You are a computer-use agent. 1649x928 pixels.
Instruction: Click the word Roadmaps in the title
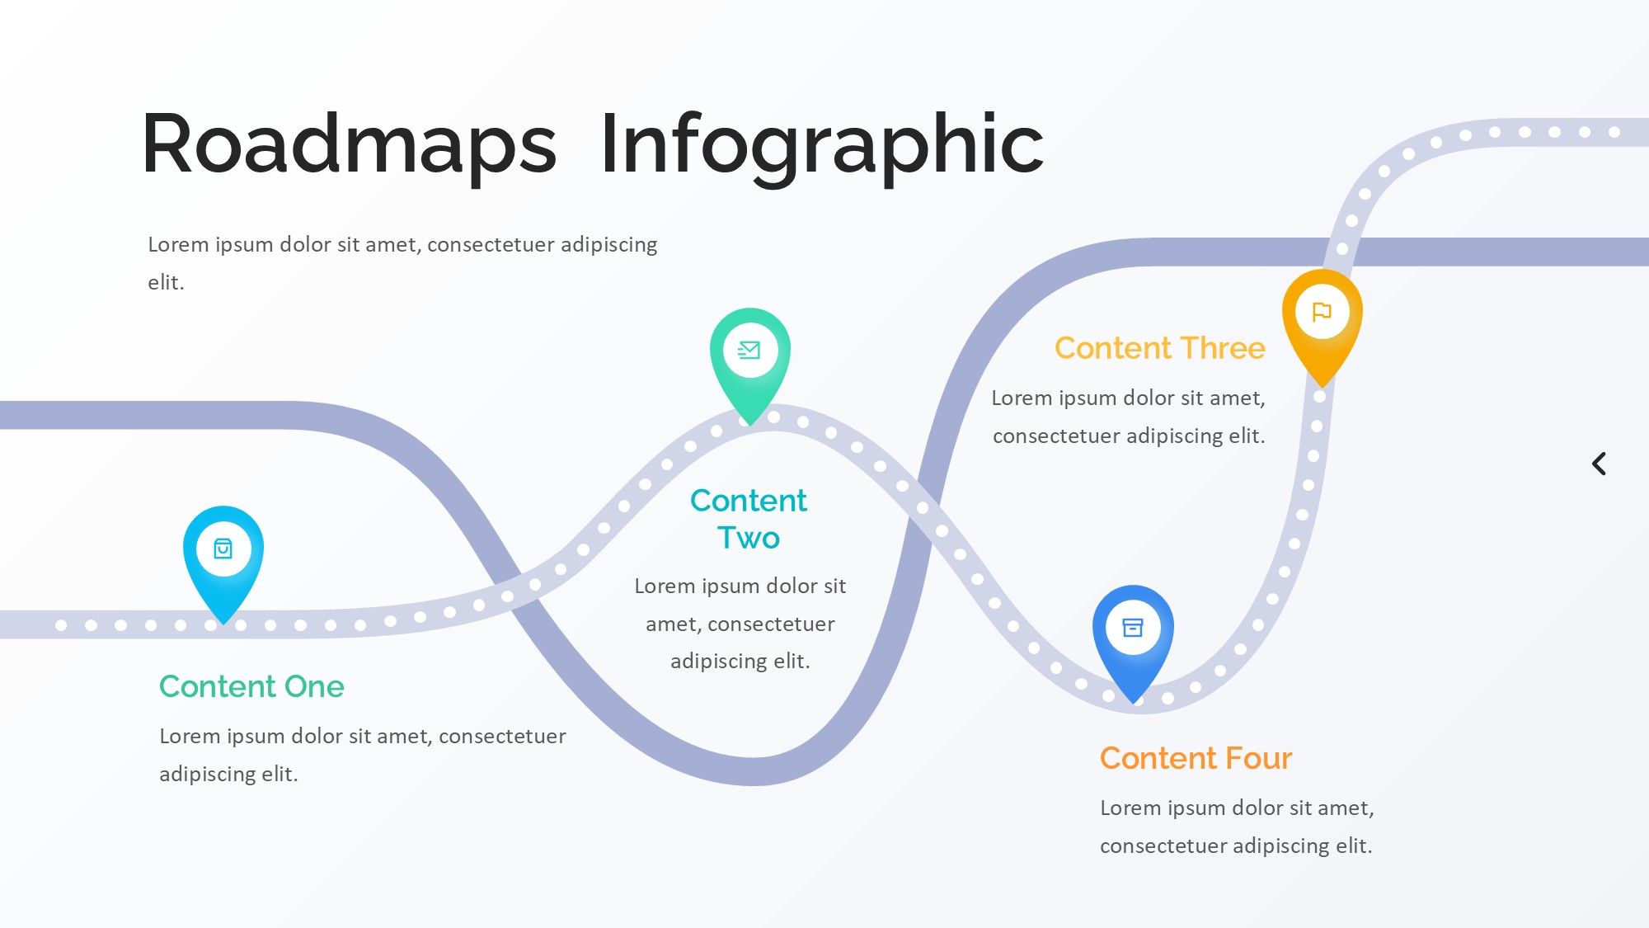point(349,145)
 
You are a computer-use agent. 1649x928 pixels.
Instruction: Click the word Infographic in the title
point(821,145)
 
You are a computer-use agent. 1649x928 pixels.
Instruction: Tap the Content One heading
point(251,686)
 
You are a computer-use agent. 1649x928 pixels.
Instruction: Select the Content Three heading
point(1159,348)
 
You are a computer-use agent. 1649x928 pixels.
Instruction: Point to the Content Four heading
point(1196,758)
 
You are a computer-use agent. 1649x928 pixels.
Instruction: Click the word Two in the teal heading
point(748,538)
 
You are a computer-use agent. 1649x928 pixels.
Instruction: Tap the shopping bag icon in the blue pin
point(223,549)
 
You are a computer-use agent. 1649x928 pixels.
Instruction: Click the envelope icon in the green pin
point(749,351)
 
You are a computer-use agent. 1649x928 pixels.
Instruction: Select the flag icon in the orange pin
point(1322,312)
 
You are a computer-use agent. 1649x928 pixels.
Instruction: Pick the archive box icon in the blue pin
point(1133,628)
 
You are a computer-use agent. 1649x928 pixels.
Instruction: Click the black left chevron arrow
point(1599,464)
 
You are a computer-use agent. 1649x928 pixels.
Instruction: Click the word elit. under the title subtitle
point(166,283)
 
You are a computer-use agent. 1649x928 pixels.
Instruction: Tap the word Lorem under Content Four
point(1130,808)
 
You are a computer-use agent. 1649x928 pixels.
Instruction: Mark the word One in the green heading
point(314,686)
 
